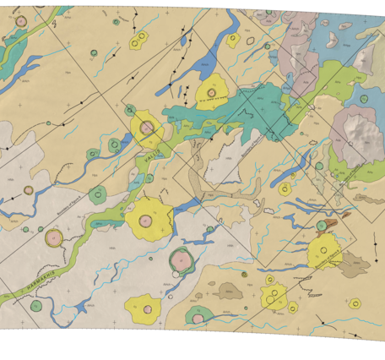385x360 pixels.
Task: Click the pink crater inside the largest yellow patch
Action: point(146,221)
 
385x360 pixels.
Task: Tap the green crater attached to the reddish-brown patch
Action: point(321,224)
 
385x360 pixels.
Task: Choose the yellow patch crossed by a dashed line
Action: point(274,296)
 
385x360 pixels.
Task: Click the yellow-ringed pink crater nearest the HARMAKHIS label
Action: point(55,238)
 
